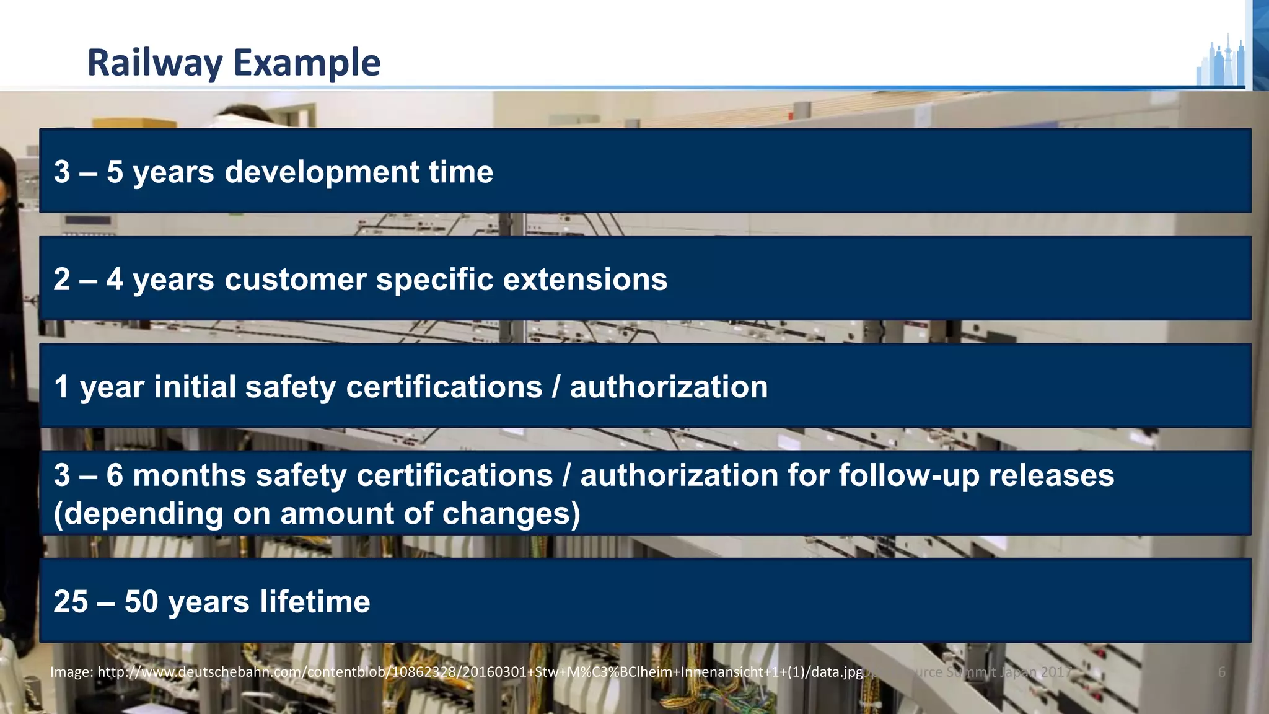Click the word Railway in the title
(155, 63)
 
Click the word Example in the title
(307, 63)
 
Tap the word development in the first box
(322, 172)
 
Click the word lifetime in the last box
(315, 602)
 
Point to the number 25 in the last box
(71, 602)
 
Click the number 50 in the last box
(141, 602)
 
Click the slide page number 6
(1221, 672)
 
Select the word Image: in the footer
(71, 672)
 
